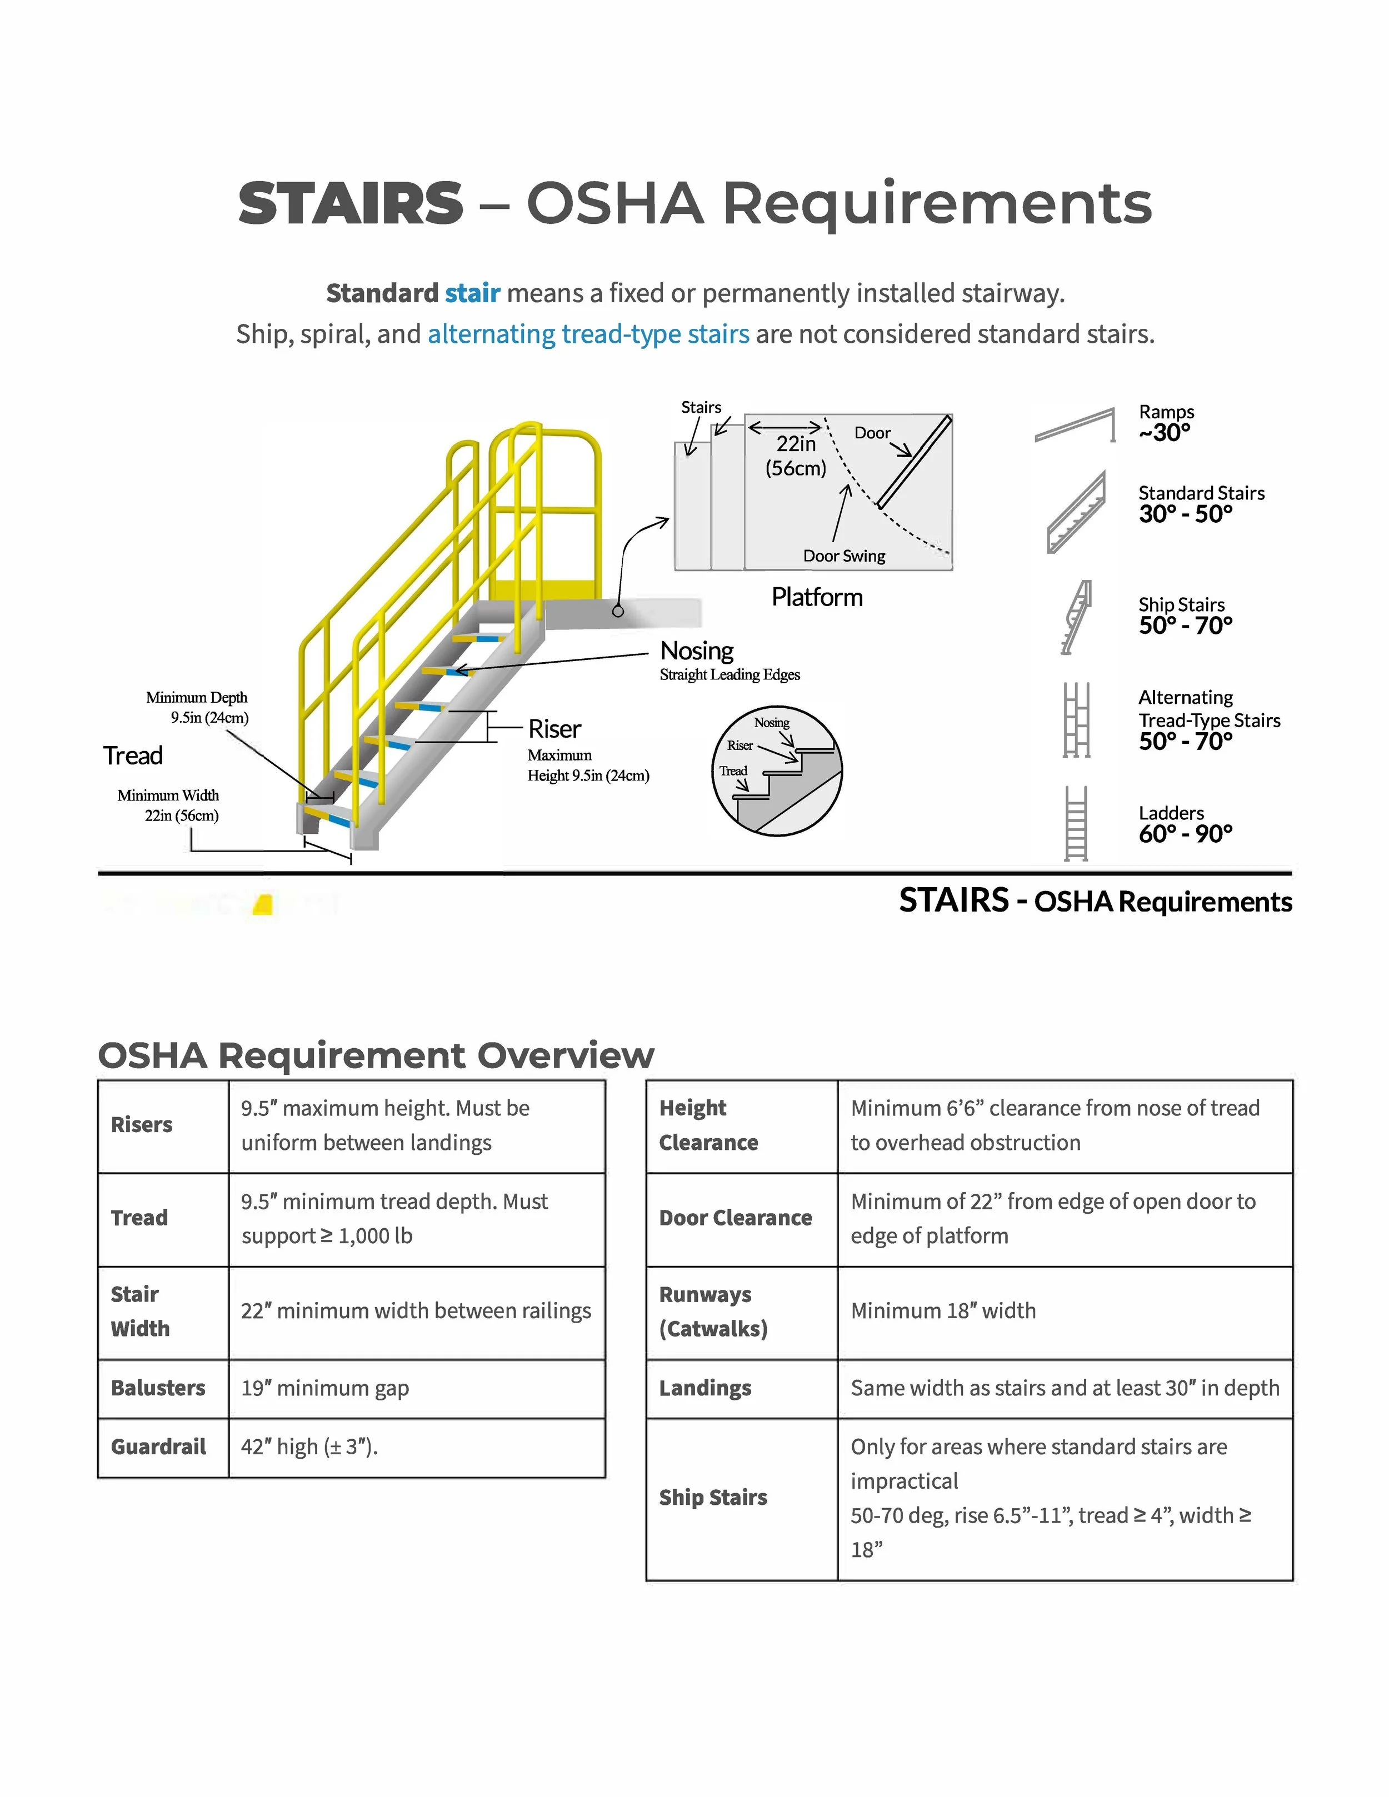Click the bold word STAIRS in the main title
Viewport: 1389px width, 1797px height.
pos(351,203)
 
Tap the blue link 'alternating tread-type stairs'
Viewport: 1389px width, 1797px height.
pos(588,334)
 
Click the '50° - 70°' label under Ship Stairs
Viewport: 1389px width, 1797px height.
pos(1185,626)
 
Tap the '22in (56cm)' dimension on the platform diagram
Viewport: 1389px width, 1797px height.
pos(796,456)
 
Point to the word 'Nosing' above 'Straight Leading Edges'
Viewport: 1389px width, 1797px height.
pos(696,651)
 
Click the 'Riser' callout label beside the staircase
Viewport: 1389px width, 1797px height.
pos(554,729)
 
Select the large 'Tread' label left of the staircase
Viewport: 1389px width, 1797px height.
pos(133,755)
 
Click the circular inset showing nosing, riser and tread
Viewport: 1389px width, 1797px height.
pos(776,771)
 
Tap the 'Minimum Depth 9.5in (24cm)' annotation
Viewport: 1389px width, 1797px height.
pos(197,708)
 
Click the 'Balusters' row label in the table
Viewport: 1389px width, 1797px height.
pos(158,1388)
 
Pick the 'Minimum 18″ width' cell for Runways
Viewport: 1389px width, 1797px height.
pos(943,1311)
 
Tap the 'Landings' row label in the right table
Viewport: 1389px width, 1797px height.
pos(705,1388)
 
